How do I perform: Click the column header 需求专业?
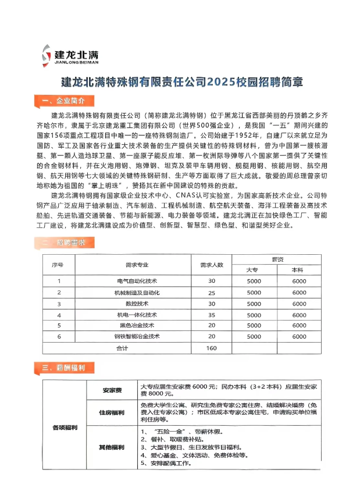click(138, 265)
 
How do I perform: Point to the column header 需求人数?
click(211, 265)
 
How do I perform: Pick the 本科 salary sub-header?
click(298, 270)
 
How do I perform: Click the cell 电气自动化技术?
click(138, 282)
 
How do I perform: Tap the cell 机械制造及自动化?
click(138, 293)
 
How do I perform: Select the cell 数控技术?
click(138, 304)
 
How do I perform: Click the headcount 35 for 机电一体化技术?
click(211, 315)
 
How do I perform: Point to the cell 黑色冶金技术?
click(138, 325)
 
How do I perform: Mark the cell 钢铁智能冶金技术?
click(138, 336)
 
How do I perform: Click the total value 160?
click(211, 348)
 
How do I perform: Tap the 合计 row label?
click(122, 348)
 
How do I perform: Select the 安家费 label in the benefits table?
click(110, 390)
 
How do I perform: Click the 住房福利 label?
click(110, 412)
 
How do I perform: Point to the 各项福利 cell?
click(64, 428)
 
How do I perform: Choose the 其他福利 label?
click(110, 447)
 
